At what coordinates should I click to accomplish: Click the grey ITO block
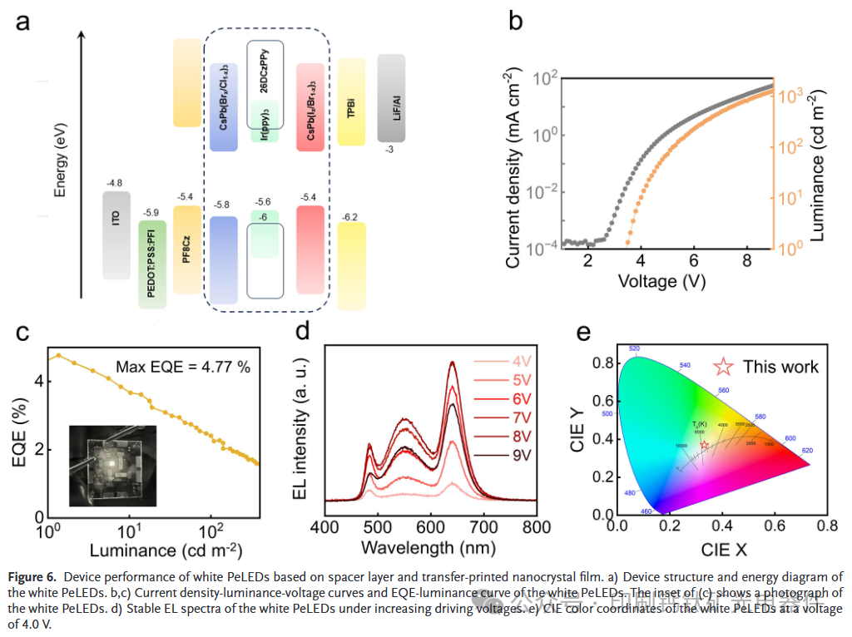pos(116,235)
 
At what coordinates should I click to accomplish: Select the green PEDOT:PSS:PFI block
pos(152,264)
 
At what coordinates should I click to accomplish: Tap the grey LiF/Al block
pos(391,98)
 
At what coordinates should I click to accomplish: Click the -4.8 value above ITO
pos(115,183)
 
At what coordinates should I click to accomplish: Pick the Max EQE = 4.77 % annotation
pos(182,367)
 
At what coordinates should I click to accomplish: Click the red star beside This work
pos(724,367)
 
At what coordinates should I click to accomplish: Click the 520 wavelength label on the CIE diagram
pos(634,348)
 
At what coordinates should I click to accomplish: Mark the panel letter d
pos(303,332)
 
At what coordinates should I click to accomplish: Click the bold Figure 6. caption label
pos(33,576)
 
